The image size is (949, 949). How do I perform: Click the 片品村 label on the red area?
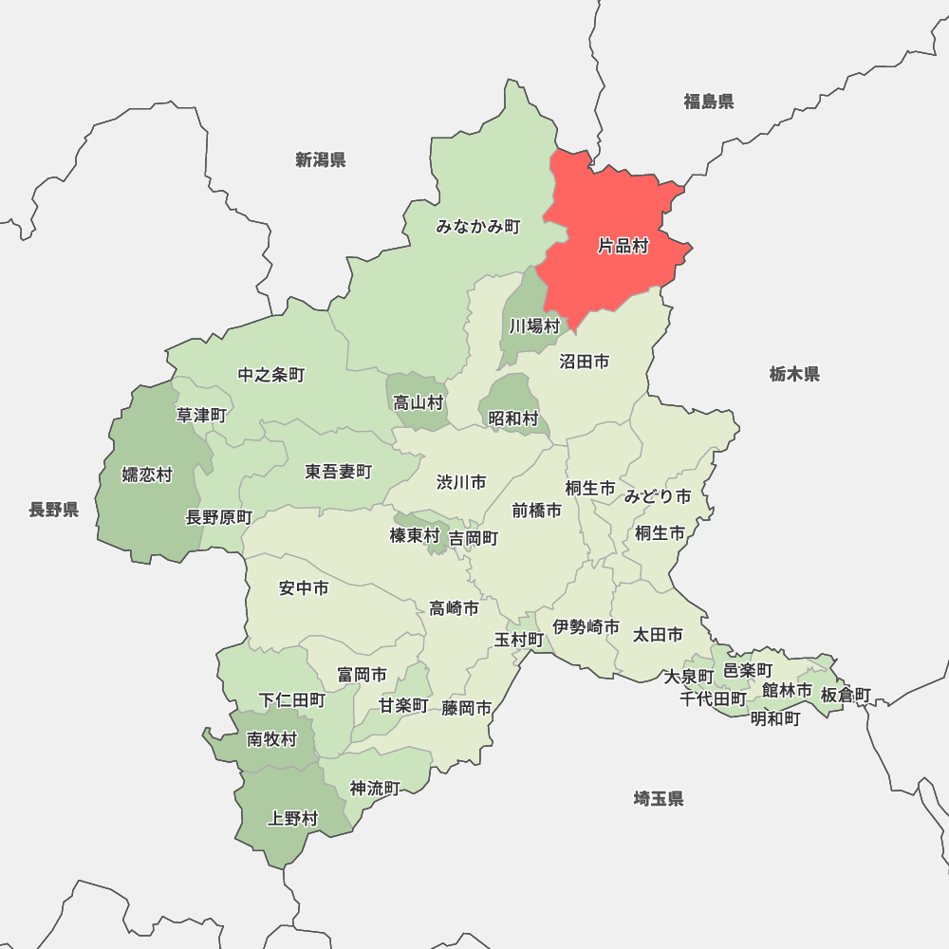click(x=623, y=246)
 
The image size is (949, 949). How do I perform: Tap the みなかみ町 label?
click(x=478, y=227)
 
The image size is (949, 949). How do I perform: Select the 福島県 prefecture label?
click(x=709, y=102)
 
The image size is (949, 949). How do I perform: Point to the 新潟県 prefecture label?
click(x=320, y=159)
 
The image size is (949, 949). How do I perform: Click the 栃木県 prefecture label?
click(x=794, y=374)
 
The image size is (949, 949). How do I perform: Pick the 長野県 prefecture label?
click(x=53, y=510)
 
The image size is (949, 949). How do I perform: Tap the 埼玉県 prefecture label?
click(x=659, y=798)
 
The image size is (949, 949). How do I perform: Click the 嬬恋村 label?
click(x=147, y=474)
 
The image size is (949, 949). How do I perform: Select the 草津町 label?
click(x=201, y=415)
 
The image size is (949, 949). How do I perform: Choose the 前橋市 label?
click(x=536, y=510)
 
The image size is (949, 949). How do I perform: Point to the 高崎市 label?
click(x=454, y=608)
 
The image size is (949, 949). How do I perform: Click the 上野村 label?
click(x=293, y=818)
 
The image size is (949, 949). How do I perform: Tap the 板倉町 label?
click(x=846, y=695)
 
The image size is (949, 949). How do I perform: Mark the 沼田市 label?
click(x=584, y=362)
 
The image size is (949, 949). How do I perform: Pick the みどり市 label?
click(x=658, y=495)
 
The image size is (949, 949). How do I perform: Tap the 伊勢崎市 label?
click(x=586, y=626)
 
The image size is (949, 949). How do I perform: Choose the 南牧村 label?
click(x=271, y=739)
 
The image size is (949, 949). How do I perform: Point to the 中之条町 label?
click(x=271, y=375)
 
